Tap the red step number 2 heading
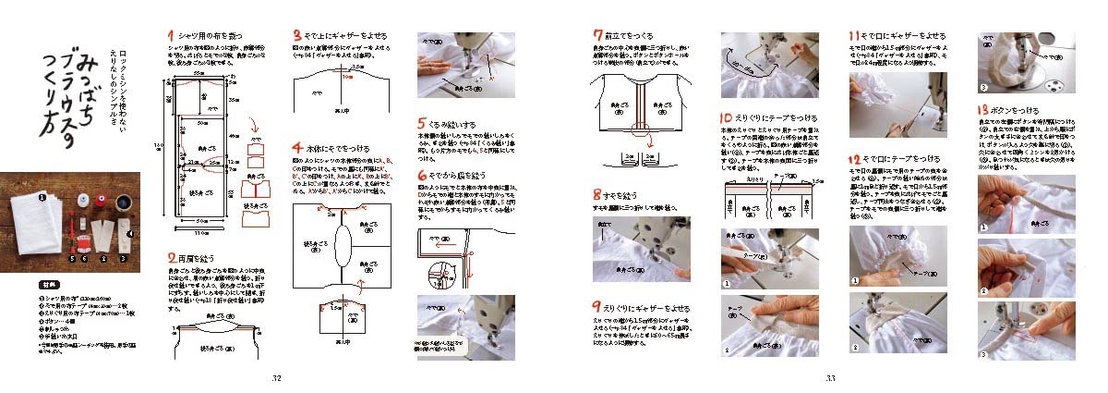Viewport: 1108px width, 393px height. pos(171,257)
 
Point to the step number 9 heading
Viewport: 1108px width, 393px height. pos(597,306)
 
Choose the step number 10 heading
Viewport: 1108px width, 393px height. pos(727,118)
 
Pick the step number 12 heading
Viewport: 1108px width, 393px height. pos(855,159)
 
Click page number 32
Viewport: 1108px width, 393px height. pos(275,378)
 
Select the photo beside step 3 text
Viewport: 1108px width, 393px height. pos(452,65)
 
